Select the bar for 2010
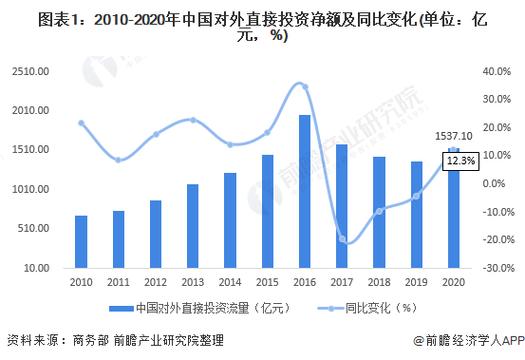(x=81, y=241)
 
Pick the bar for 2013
(x=192, y=226)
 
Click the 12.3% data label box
(x=462, y=158)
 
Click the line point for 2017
(x=341, y=239)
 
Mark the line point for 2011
(x=118, y=160)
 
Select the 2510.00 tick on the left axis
(x=33, y=72)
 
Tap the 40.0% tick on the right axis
(x=494, y=72)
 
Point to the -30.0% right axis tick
(x=492, y=268)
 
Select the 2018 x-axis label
(x=378, y=283)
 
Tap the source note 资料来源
(x=30, y=341)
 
